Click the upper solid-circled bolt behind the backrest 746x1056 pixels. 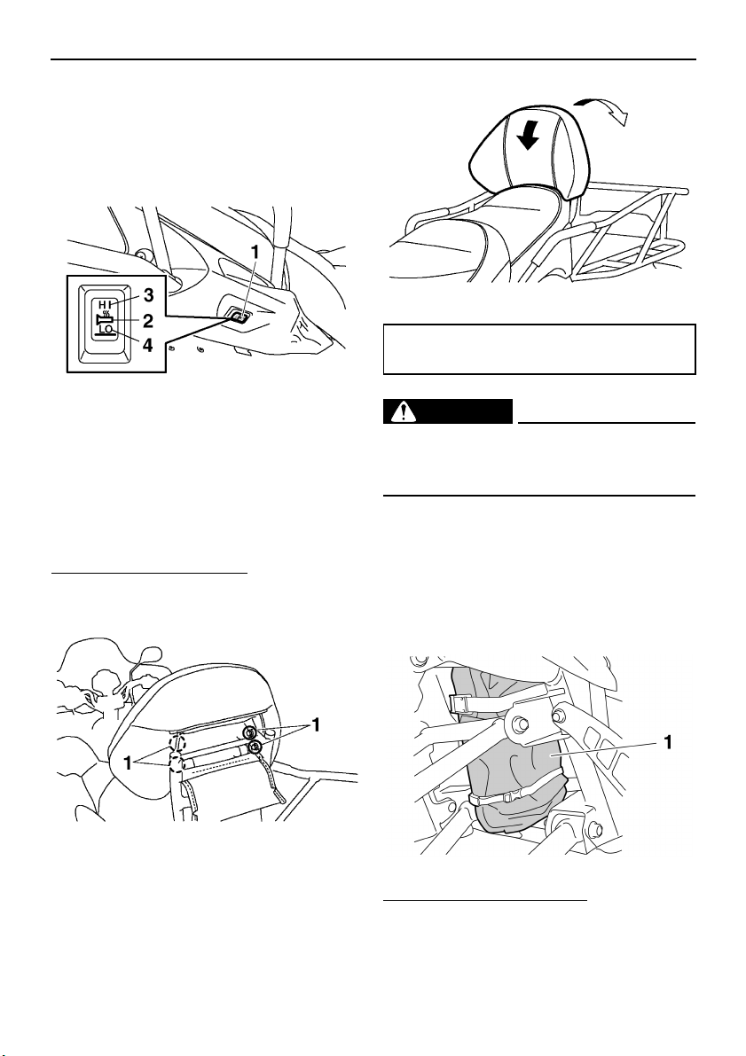(x=251, y=733)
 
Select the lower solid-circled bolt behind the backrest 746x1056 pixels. (x=255, y=748)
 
